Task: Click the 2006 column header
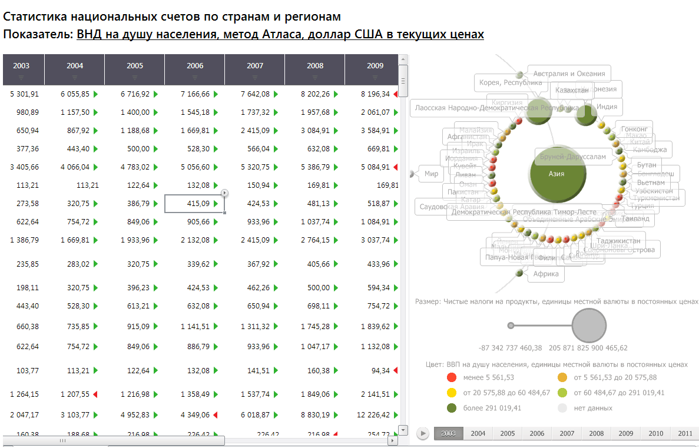coord(195,66)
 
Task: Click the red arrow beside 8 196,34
coord(396,94)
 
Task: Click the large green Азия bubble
coord(556,174)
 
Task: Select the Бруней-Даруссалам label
coord(570,157)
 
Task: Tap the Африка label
coord(546,274)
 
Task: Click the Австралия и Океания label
coord(569,74)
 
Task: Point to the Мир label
coord(432,174)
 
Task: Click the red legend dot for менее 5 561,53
coord(452,377)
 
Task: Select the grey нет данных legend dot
coord(562,408)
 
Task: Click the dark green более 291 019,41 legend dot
coord(452,408)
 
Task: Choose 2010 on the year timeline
coord(655,434)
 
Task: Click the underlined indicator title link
coord(280,35)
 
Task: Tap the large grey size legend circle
coord(589,326)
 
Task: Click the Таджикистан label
coord(618,241)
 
